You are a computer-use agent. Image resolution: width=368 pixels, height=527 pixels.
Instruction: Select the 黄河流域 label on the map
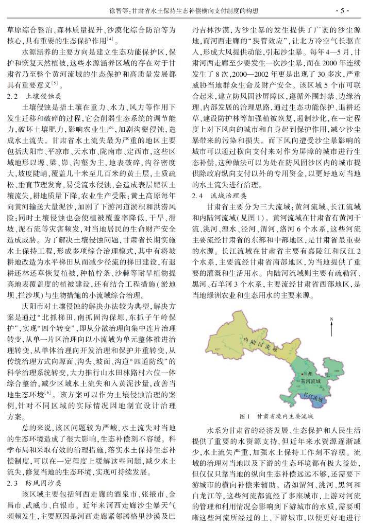click(x=311, y=381)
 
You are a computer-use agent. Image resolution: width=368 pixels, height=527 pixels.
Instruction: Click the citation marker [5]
click(x=55, y=83)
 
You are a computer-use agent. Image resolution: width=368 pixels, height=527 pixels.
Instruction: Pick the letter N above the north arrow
click(x=331, y=320)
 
